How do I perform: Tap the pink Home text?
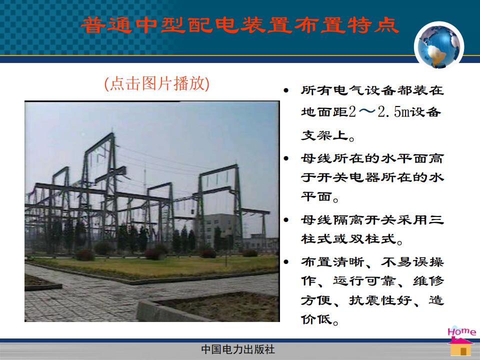[462, 332]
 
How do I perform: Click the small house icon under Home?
[460, 347]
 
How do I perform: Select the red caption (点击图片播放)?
[156, 83]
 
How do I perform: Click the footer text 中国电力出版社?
[238, 349]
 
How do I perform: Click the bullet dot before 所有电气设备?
[286, 90]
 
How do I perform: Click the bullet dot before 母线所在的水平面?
[286, 158]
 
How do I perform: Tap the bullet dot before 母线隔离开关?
[286, 219]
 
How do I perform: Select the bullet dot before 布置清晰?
[286, 261]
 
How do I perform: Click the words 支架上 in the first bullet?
[324, 135]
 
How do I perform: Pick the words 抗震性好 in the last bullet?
[380, 300]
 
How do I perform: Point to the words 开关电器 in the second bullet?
[348, 177]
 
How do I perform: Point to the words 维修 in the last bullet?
[428, 281]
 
